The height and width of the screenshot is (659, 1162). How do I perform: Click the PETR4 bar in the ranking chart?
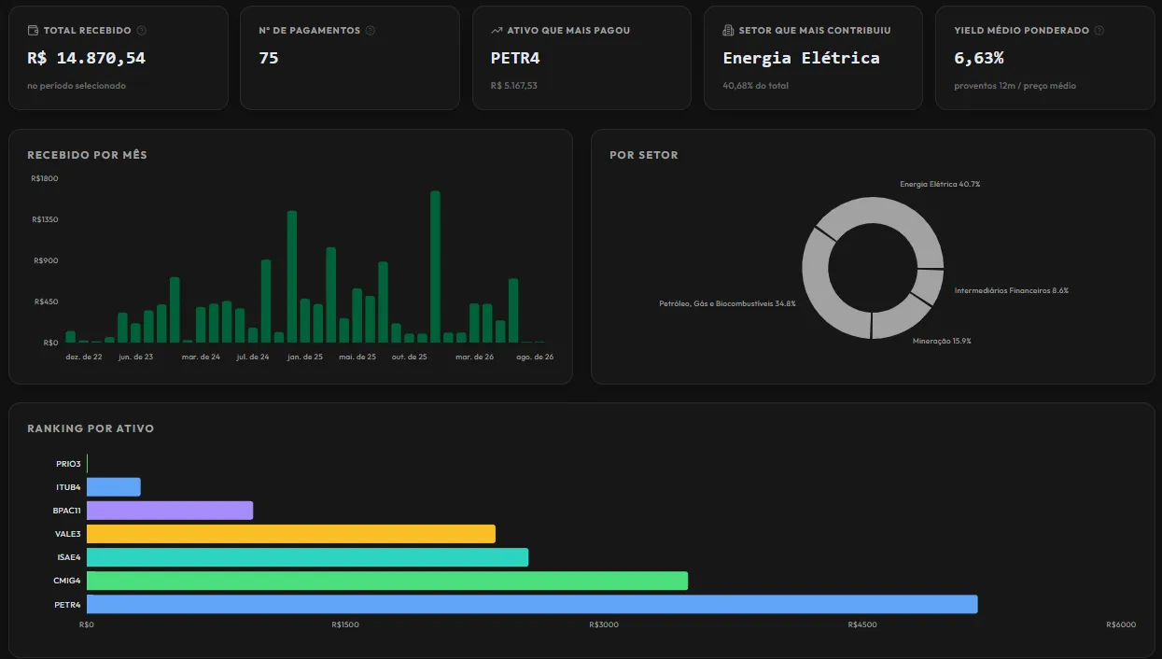pos(532,604)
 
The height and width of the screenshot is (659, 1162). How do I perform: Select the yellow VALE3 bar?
pos(291,533)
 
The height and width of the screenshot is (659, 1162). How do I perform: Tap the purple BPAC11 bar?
pos(170,510)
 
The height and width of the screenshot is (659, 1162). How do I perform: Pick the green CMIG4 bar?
pos(387,581)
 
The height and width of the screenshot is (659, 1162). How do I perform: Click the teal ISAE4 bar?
pos(308,556)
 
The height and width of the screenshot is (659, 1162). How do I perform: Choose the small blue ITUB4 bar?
pos(114,486)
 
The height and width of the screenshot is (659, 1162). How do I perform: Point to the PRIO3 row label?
pos(68,464)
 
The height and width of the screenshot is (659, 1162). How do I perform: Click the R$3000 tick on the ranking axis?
pos(604,624)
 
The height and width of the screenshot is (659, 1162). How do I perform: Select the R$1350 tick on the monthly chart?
pos(45,219)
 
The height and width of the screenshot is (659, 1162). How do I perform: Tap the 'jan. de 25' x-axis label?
pos(305,357)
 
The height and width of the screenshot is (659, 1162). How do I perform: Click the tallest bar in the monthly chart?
pos(435,267)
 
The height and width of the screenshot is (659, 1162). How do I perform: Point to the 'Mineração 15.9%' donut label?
pos(942,341)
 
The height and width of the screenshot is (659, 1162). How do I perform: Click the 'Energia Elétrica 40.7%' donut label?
pos(940,184)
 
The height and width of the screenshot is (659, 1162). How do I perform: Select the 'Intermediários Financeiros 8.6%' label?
pos(1012,290)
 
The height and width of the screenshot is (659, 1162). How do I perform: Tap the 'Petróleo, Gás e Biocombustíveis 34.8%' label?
pos(727,303)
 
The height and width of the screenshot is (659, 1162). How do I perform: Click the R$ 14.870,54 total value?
pos(86,58)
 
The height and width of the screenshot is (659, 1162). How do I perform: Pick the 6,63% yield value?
pos(979,58)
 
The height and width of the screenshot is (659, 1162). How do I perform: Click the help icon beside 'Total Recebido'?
pos(141,31)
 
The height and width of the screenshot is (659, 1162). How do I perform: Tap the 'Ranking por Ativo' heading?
pos(91,428)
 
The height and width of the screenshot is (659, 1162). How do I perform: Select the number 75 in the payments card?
pos(269,58)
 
